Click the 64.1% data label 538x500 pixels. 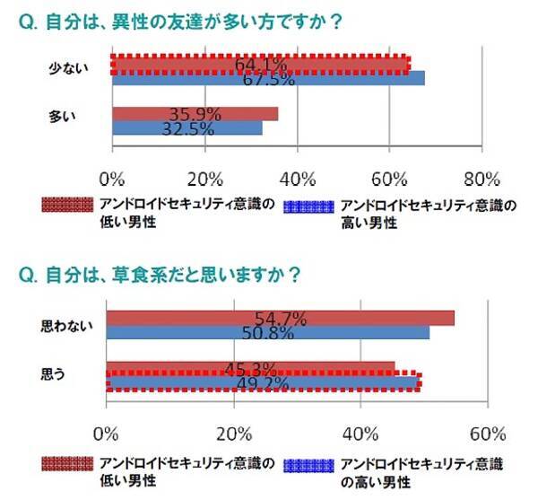261,64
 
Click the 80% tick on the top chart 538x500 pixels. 483,175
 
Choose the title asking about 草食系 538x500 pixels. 156,270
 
